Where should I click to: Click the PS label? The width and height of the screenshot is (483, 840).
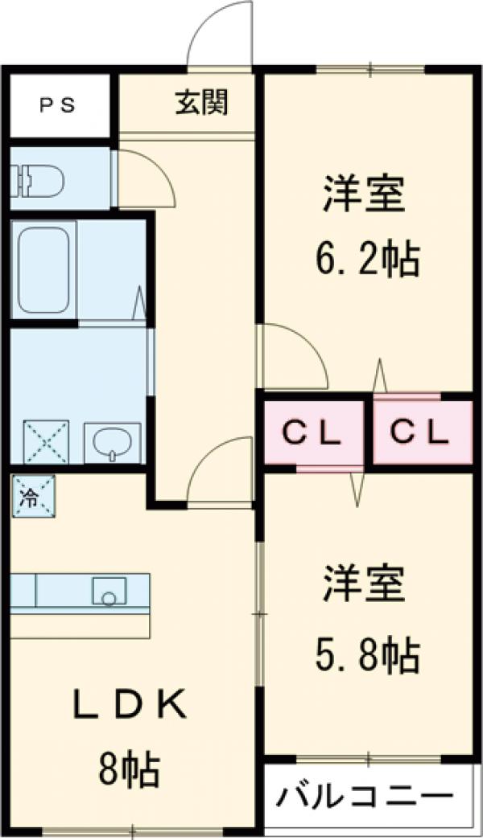(57, 106)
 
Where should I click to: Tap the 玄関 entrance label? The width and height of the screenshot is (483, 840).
(201, 102)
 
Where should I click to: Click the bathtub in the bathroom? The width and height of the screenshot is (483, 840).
(43, 268)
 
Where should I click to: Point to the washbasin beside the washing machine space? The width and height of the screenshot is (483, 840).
(112, 441)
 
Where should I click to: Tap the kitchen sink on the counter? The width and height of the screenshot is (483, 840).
(109, 592)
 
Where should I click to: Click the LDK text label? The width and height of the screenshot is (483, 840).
(130, 707)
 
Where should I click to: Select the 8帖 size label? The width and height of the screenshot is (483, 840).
(130, 770)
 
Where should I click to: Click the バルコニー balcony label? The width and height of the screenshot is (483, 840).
(365, 797)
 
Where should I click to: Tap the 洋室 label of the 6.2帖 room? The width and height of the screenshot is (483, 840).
(364, 195)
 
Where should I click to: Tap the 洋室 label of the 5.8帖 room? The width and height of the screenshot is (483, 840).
(364, 586)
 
